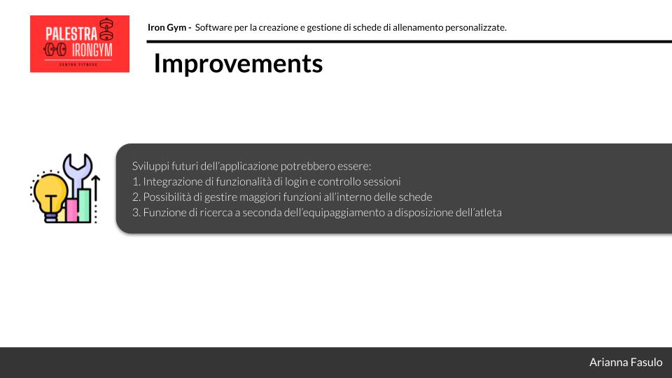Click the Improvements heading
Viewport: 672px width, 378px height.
tap(238, 64)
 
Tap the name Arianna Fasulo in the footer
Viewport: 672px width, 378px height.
tap(625, 363)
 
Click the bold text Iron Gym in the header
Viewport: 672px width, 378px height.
tap(167, 27)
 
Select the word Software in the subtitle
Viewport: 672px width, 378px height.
tap(213, 27)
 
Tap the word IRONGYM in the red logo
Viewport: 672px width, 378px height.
tap(92, 50)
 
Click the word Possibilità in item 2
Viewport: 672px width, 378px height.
tap(167, 197)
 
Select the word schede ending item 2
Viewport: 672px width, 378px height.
tap(415, 197)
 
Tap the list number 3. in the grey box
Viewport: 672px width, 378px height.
tap(136, 212)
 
